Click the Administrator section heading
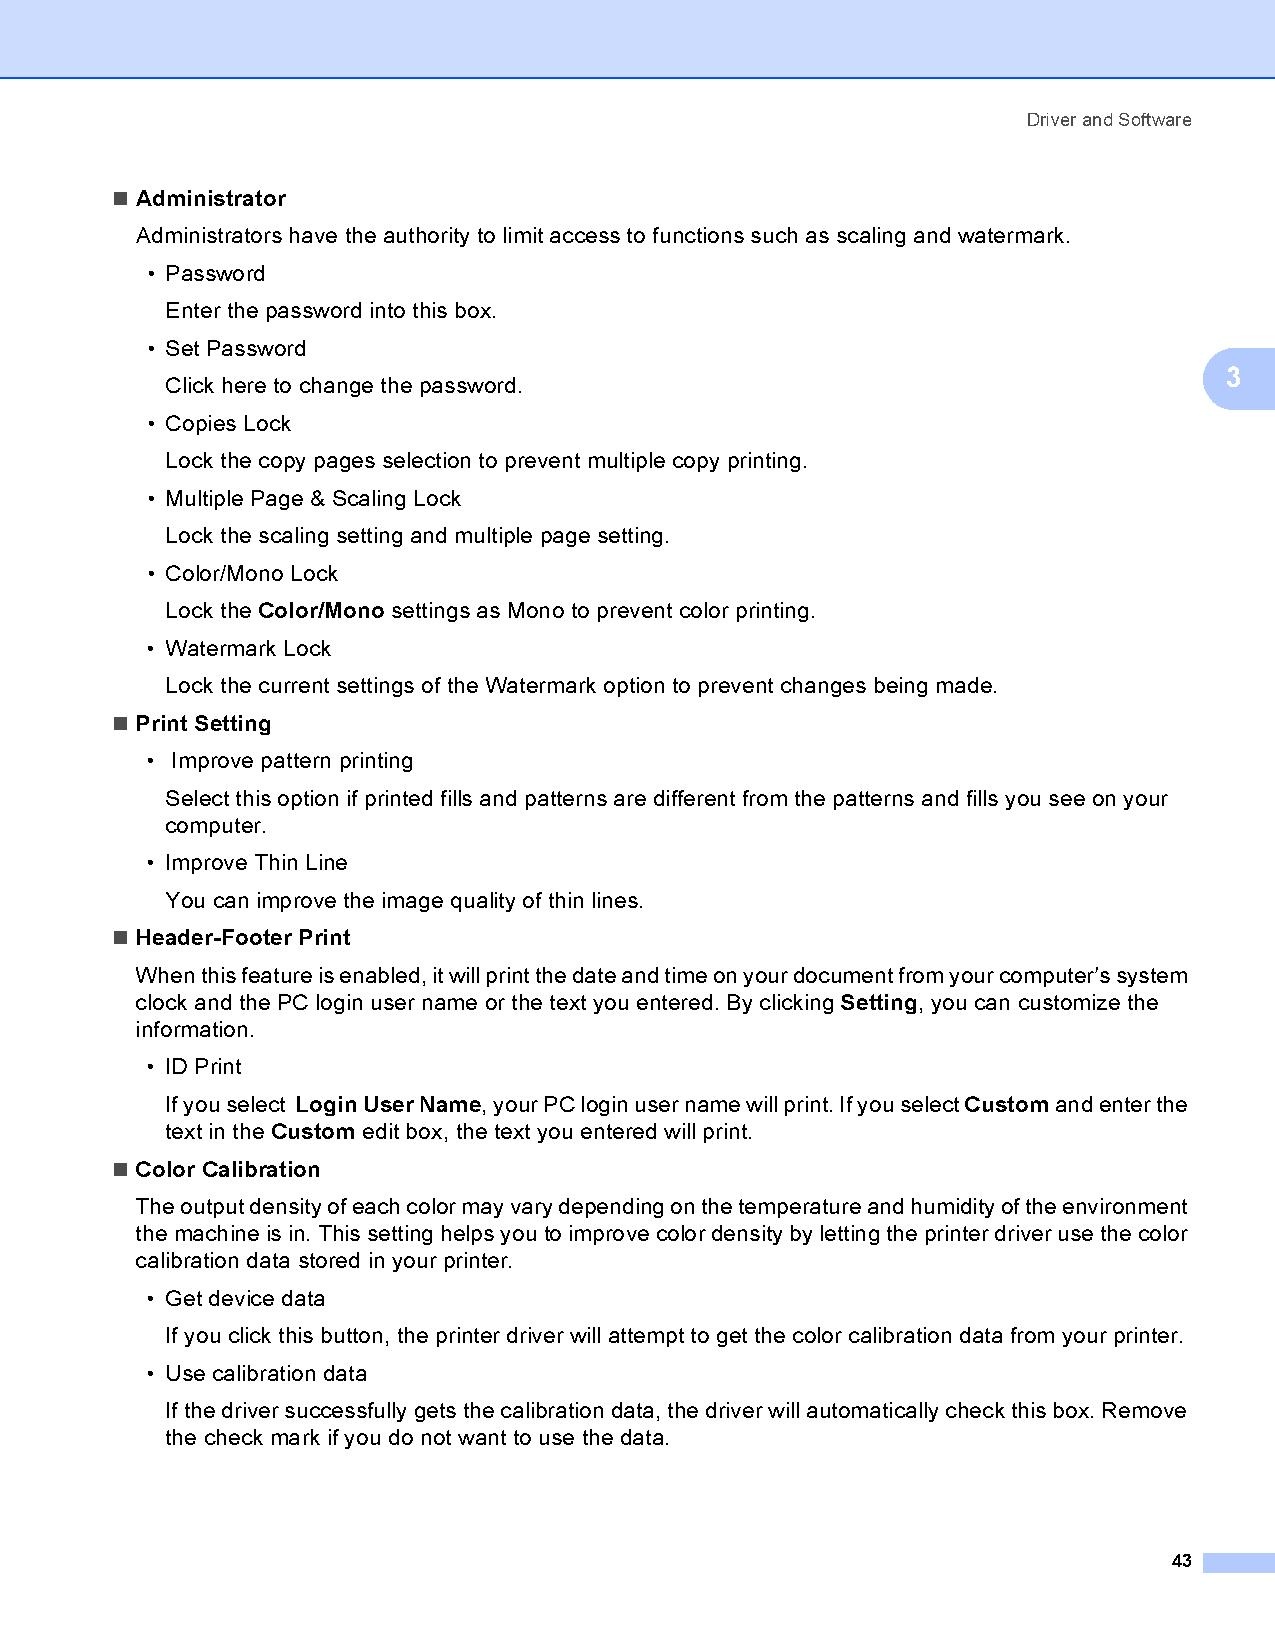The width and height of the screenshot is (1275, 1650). (210, 199)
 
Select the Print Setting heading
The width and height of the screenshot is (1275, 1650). (203, 724)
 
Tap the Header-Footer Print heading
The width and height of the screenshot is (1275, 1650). (242, 938)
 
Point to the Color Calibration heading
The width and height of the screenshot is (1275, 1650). (227, 1170)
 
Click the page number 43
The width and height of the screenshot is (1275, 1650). (1181, 1561)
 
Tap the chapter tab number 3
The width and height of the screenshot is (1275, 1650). (1233, 378)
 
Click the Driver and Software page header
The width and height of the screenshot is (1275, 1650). (1108, 120)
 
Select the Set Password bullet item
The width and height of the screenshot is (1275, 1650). (235, 349)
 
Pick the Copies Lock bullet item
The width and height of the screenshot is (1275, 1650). (227, 424)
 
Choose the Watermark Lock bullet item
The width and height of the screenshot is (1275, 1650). (247, 649)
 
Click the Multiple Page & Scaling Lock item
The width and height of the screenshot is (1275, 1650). (312, 499)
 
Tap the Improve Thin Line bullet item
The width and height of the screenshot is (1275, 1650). (256, 863)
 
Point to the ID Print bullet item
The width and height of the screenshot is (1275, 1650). (203, 1067)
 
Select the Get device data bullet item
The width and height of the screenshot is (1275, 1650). (245, 1299)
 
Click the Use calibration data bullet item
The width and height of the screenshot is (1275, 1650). (266, 1374)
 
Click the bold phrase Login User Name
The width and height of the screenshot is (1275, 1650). (388, 1105)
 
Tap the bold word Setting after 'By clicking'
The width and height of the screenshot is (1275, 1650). (879, 1003)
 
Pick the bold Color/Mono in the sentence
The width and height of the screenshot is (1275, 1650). (321, 611)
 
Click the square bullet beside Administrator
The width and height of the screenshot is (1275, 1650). (121, 199)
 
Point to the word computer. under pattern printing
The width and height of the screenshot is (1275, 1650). (215, 827)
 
